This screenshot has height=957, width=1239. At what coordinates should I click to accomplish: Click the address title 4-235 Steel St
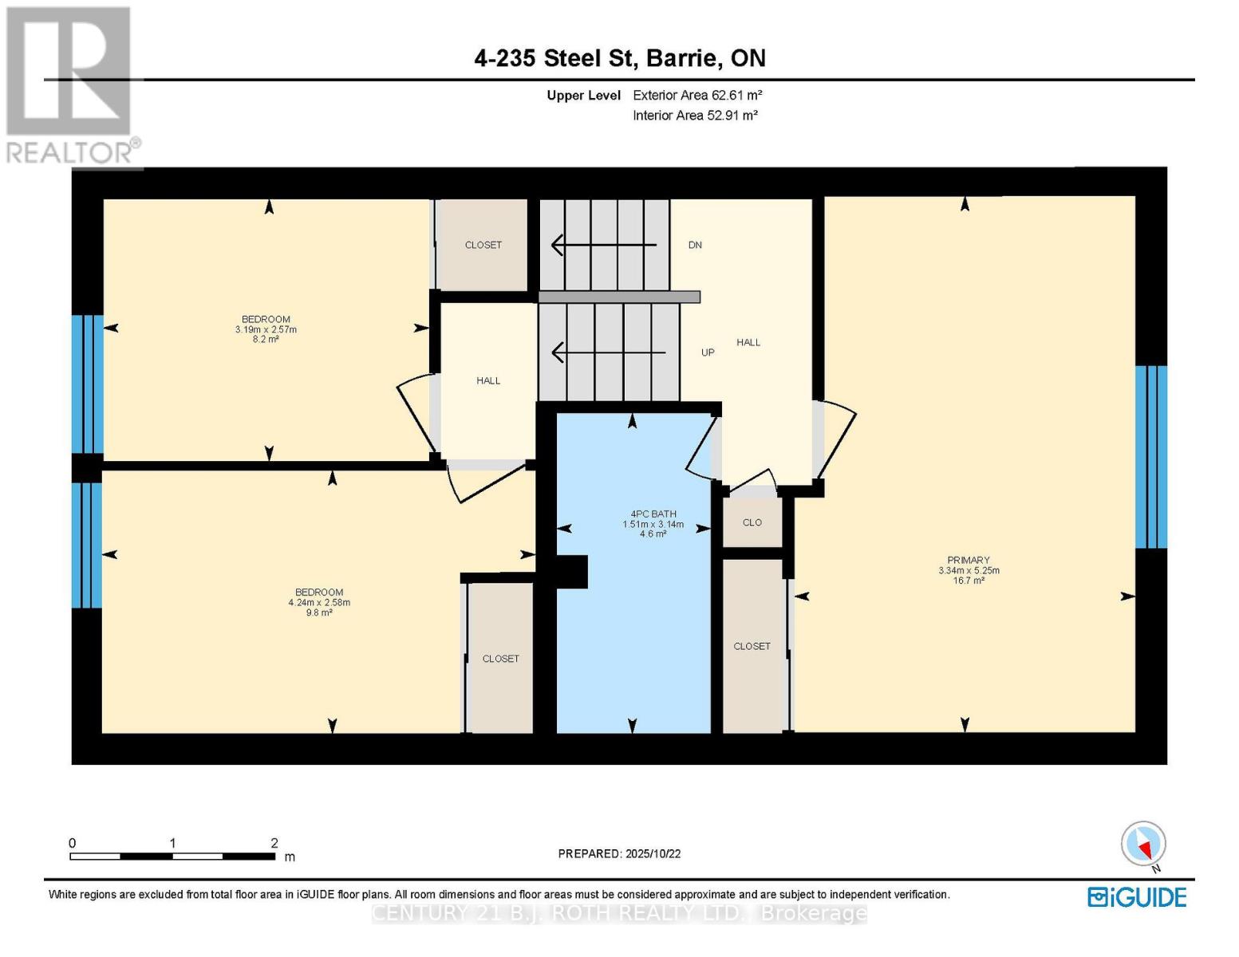(619, 58)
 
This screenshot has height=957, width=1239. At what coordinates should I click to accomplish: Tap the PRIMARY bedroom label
(968, 560)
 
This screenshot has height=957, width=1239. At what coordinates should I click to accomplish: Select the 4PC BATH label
(653, 514)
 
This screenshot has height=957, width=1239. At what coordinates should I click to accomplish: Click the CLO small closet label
(752, 522)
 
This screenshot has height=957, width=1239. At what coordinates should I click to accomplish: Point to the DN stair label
(695, 245)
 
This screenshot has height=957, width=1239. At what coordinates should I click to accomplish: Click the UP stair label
(708, 352)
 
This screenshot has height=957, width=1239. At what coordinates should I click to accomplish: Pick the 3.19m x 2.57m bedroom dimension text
(266, 329)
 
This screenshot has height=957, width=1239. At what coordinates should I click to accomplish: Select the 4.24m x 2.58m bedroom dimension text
(319, 602)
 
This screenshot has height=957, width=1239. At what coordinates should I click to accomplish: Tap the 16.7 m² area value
(968, 581)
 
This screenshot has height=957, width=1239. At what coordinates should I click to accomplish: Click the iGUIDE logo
(1137, 897)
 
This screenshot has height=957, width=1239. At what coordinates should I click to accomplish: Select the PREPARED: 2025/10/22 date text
(619, 853)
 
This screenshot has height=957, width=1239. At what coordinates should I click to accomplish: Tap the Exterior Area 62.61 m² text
(697, 95)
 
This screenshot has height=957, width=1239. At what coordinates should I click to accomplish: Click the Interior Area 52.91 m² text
(695, 115)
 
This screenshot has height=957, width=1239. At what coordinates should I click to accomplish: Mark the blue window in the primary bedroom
(1150, 457)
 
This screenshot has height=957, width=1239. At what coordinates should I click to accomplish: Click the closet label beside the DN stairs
(483, 245)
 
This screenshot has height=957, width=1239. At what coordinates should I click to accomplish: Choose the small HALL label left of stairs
(488, 380)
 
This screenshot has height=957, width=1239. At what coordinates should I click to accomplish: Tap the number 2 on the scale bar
(274, 843)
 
